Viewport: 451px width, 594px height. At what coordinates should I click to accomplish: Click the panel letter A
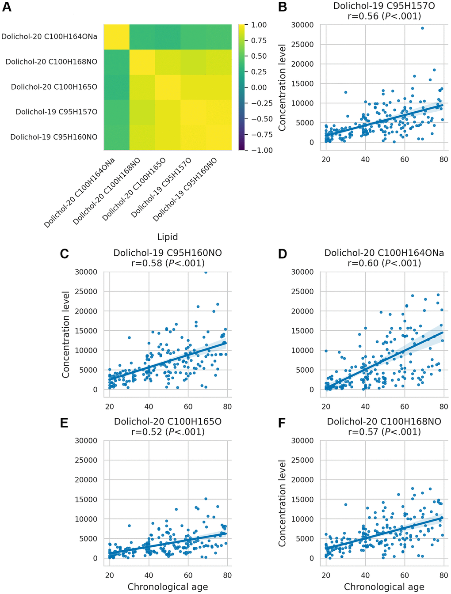(7, 7)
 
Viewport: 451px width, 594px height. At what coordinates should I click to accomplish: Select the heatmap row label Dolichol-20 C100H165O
(54, 87)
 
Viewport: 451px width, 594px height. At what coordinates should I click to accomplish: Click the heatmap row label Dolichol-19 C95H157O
(57, 112)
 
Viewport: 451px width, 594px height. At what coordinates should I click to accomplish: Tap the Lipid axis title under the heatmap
(168, 237)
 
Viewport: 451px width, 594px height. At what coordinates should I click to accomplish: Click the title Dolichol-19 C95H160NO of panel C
(168, 253)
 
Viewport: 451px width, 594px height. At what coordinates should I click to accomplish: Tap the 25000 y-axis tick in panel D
(302, 291)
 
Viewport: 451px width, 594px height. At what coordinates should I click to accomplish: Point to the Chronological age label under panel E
(168, 587)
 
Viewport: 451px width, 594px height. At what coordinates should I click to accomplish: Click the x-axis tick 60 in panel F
(405, 575)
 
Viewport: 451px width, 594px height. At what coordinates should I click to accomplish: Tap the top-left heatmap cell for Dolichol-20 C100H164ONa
(117, 37)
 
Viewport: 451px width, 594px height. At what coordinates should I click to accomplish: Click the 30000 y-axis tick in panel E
(86, 441)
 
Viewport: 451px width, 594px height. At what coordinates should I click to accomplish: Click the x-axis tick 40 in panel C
(149, 407)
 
